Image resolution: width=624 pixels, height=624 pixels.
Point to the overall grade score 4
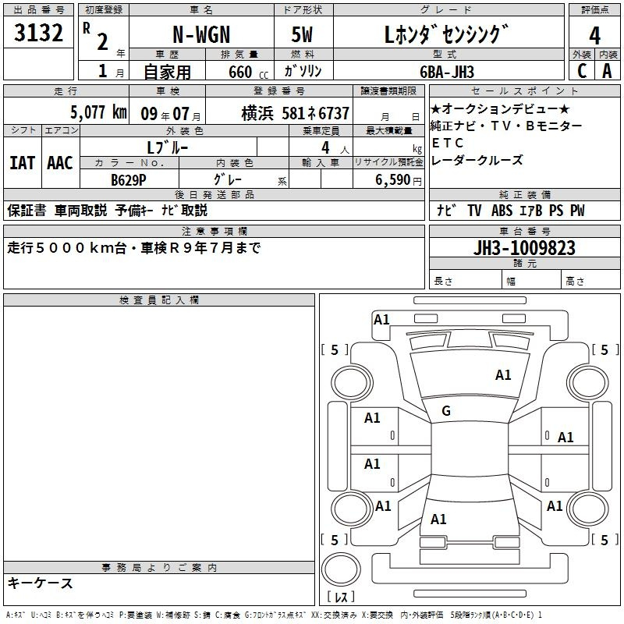pos(594,35)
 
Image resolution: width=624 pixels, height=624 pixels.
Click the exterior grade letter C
pos(582,70)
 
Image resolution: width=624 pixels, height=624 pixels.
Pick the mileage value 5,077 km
pos(97,112)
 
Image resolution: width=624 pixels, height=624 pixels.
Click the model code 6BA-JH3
pos(456,71)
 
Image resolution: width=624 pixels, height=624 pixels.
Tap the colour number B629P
pos(129,179)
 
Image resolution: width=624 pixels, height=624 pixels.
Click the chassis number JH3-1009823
pos(525,247)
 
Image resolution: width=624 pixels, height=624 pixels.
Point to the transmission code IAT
pos(22,163)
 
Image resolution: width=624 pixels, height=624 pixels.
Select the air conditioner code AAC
pos(59,163)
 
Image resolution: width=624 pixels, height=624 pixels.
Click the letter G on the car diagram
pos(445,411)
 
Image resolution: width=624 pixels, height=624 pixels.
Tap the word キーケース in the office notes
pos(41,583)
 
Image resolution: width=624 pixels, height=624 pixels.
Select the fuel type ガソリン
pos(303,71)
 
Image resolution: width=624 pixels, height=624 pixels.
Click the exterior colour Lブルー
pos(167,147)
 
